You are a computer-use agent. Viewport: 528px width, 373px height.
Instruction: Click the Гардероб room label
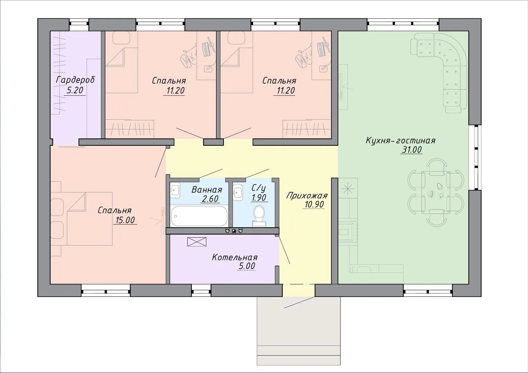75,80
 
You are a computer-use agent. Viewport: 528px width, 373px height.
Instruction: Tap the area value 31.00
412,150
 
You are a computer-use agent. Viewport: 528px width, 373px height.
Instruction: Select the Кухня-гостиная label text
400,141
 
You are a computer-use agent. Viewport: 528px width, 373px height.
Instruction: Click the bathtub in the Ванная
199,216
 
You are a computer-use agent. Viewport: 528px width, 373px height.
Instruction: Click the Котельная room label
235,257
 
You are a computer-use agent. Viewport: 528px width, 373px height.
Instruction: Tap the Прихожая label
307,195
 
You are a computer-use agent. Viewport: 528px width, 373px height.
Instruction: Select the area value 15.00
125,220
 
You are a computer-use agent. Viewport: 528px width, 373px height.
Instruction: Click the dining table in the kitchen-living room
436,192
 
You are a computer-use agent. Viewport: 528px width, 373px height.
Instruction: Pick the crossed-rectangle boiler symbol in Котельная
197,242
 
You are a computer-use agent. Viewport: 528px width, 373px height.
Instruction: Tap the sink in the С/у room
238,192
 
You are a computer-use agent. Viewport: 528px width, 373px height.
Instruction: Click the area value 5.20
75,90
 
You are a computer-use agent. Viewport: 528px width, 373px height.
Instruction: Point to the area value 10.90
314,204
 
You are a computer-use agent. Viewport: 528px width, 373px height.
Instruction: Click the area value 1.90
259,198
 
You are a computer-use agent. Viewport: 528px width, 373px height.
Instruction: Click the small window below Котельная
201,290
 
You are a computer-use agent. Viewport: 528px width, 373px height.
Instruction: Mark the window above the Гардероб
79,25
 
